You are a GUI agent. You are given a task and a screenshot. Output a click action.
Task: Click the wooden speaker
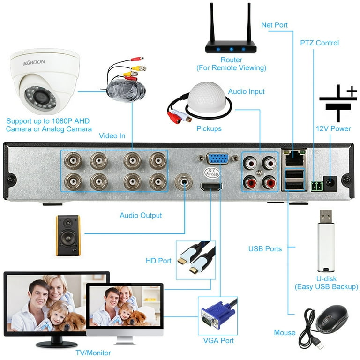pos(68,235)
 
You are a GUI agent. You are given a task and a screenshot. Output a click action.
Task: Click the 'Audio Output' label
pos(141,216)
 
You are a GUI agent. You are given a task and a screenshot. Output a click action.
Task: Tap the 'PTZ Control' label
pos(319,43)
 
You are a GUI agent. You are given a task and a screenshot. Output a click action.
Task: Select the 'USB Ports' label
pos(265,249)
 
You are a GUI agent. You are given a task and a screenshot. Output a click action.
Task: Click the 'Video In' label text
pos(112,136)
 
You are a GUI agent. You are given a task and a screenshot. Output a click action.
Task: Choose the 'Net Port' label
pos(275,24)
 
